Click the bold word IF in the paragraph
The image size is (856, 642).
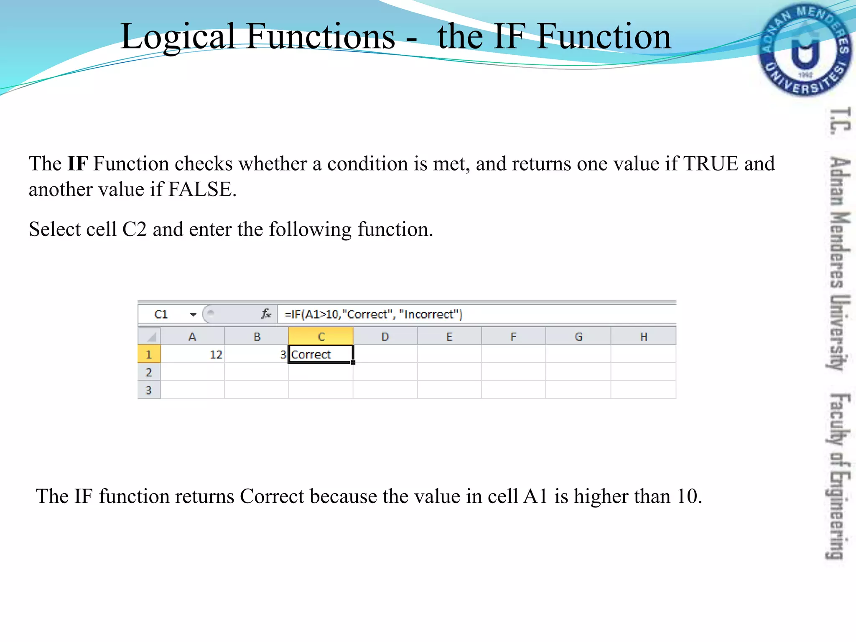pyautogui.click(x=78, y=163)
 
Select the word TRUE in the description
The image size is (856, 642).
pyautogui.click(x=711, y=163)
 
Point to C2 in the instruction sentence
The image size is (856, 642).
pyautogui.click(x=135, y=229)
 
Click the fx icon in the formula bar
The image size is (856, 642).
pyautogui.click(x=266, y=314)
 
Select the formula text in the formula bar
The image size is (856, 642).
pyautogui.click(x=373, y=314)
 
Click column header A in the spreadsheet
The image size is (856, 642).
pyautogui.click(x=192, y=336)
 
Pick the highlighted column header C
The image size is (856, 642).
pyautogui.click(x=321, y=336)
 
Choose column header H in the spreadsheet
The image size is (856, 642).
pyautogui.click(x=643, y=336)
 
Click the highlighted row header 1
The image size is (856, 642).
pyautogui.click(x=149, y=354)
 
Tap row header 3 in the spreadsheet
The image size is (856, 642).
pyautogui.click(x=149, y=390)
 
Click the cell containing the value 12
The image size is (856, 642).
pyautogui.click(x=193, y=354)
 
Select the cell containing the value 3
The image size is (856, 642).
pyautogui.click(x=257, y=354)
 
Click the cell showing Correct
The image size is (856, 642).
pyautogui.click(x=321, y=354)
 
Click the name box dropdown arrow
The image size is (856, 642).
pyautogui.click(x=193, y=314)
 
